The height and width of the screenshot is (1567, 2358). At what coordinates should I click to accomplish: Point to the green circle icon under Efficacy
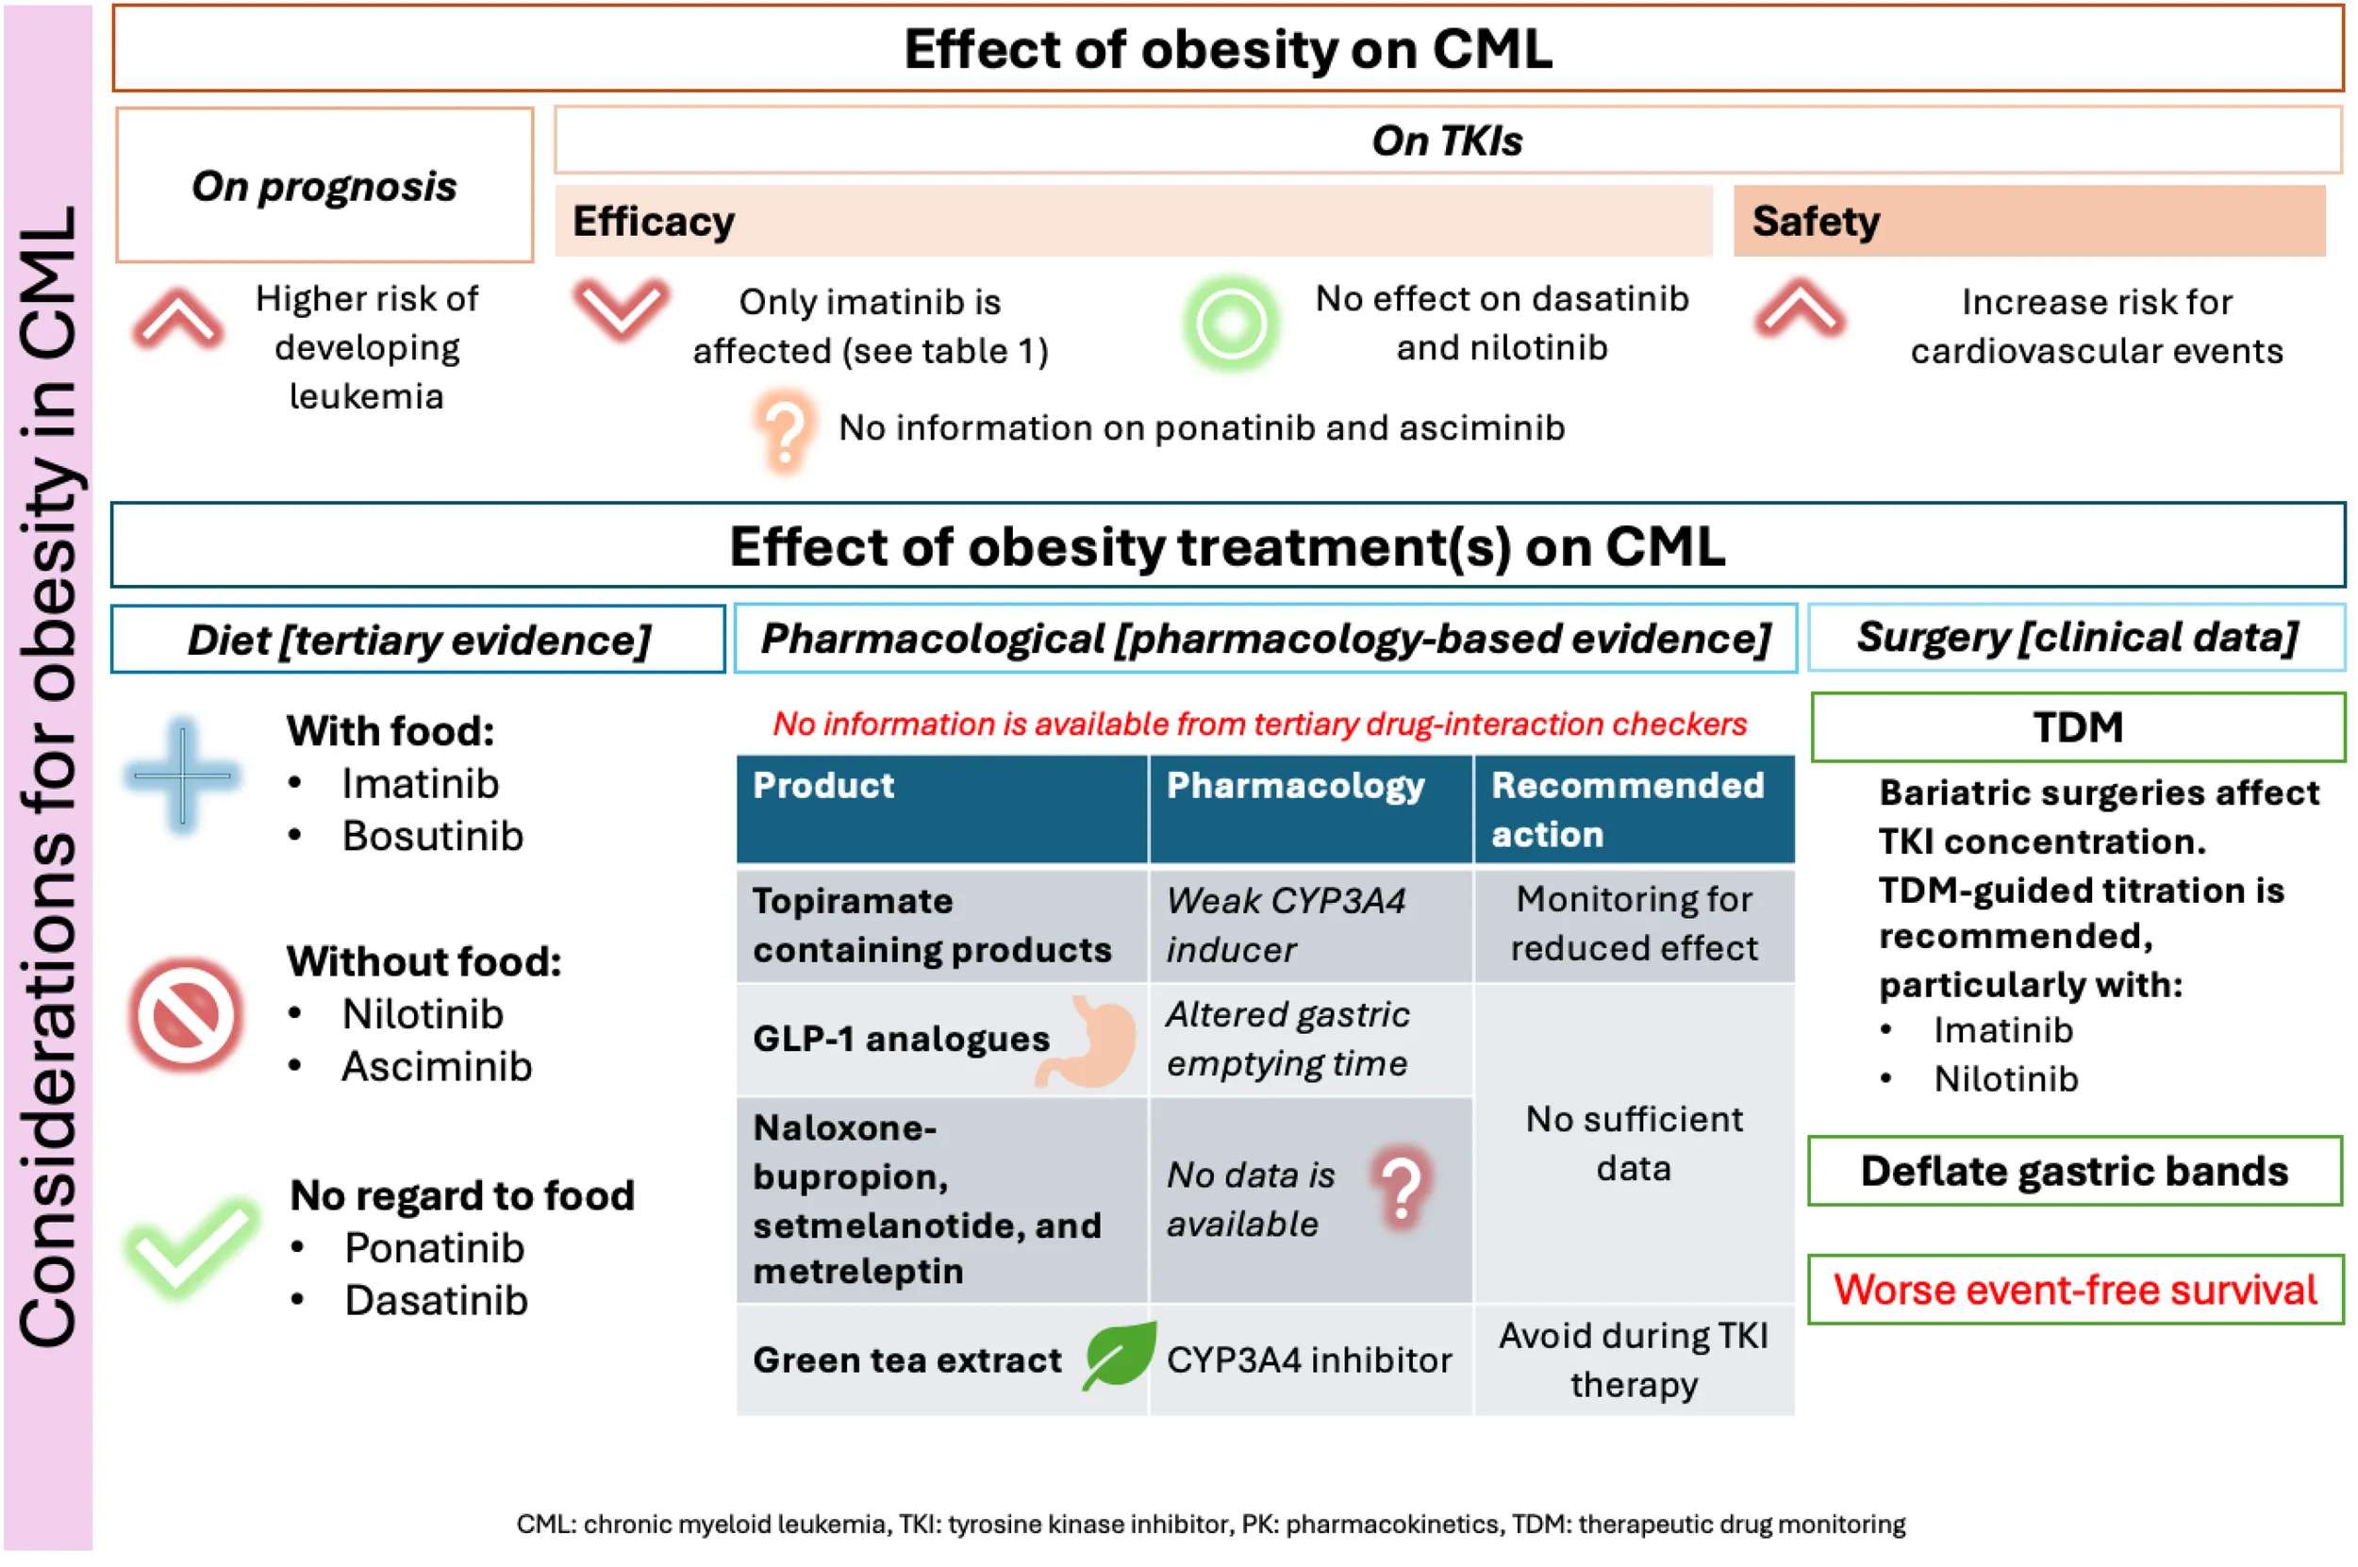tap(1231, 324)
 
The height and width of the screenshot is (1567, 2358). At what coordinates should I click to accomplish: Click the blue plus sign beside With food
tap(183, 775)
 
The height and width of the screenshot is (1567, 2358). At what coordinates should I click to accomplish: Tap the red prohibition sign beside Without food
tap(186, 1015)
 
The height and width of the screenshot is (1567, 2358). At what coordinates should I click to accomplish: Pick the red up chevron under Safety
tap(1799, 308)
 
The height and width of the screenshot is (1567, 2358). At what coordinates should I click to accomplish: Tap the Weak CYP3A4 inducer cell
tap(1311, 925)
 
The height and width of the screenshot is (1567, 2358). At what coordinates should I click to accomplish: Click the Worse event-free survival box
tap(2076, 1291)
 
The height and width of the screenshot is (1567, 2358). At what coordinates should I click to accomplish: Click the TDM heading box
tap(2078, 727)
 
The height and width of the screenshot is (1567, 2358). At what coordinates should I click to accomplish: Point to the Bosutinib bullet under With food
tap(432, 837)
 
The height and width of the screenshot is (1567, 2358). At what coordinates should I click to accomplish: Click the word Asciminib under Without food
tap(437, 1067)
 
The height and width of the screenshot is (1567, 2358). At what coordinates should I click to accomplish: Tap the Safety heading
tap(1816, 221)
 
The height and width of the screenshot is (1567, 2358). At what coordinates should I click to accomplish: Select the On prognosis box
tap(324, 186)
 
